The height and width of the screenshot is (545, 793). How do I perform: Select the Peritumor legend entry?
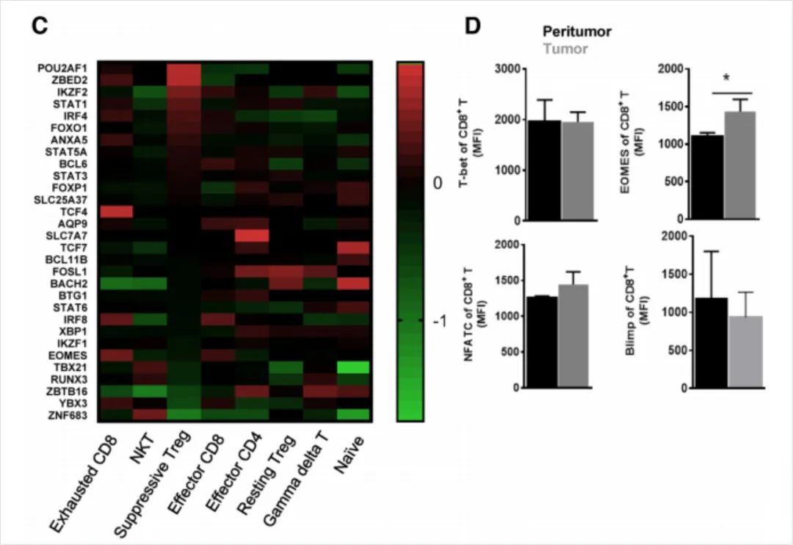[x=577, y=31]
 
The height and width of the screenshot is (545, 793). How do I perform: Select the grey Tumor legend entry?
[x=565, y=48]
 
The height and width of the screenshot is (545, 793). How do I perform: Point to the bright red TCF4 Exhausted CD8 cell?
[x=116, y=212]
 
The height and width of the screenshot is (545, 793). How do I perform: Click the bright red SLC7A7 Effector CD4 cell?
[x=252, y=235]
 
